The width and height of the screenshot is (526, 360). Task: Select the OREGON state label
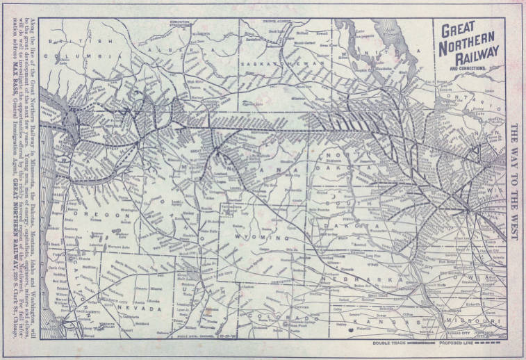tap(101, 215)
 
